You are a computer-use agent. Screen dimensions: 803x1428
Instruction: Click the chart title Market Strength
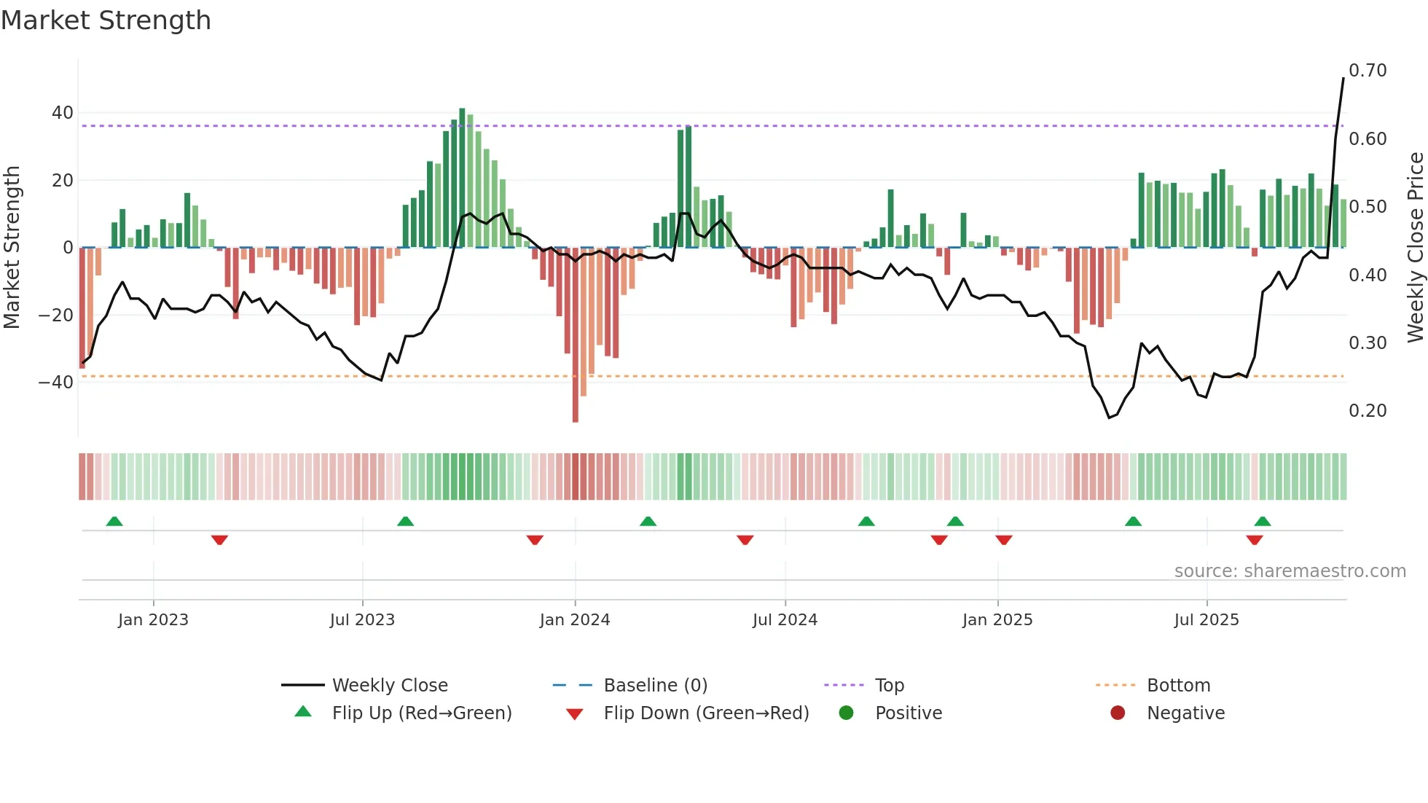[x=106, y=20]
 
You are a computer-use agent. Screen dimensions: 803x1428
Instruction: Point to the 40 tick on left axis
[x=63, y=113]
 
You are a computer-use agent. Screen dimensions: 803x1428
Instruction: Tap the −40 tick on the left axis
[x=56, y=383]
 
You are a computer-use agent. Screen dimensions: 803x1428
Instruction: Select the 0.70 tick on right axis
[x=1368, y=71]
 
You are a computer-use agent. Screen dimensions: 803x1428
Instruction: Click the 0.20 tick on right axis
[x=1368, y=411]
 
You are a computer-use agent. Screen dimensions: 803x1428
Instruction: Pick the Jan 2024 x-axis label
[x=575, y=620]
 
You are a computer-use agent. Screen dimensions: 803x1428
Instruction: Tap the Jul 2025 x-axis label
[x=1207, y=620]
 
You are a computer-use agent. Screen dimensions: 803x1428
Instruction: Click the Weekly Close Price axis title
[x=1415, y=248]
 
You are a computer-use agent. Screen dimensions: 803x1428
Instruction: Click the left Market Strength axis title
[x=12, y=248]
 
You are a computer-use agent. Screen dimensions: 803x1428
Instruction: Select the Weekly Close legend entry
[x=390, y=686]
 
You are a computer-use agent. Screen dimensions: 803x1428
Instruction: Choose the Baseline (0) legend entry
[x=655, y=686]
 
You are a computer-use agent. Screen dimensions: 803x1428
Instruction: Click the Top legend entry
[x=889, y=686]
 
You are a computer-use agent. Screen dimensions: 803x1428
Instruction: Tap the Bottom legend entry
[x=1178, y=686]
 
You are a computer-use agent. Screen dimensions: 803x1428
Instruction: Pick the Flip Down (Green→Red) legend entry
[x=705, y=713]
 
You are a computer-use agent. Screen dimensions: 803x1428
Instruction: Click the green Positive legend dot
[x=846, y=713]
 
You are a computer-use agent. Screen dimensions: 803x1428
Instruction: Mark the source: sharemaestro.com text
[x=1290, y=571]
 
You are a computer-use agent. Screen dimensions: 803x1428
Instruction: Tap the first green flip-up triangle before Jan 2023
[x=114, y=521]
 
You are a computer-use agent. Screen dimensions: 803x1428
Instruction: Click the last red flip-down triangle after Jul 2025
[x=1254, y=540]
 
